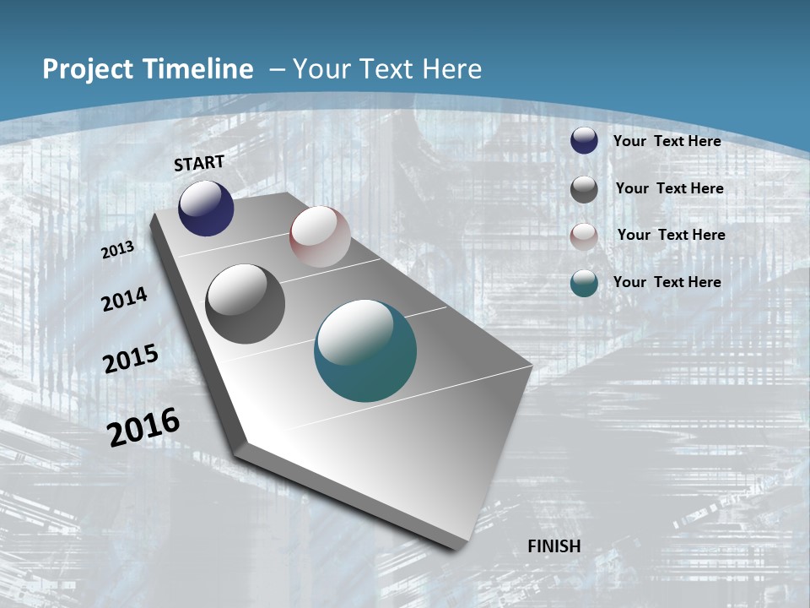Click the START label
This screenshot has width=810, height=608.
[199, 163]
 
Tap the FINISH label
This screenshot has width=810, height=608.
[554, 546]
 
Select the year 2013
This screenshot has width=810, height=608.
[118, 250]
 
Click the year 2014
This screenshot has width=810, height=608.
[125, 299]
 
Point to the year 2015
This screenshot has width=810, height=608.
[131, 359]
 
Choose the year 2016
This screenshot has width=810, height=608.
[143, 427]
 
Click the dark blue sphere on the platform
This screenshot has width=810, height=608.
[206, 209]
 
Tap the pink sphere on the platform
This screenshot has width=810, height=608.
[320, 236]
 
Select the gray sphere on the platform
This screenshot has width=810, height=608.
[245, 304]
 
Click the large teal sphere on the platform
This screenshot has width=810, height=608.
[365, 350]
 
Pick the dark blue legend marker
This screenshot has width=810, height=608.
[584, 141]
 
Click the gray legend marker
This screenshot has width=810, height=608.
[584, 189]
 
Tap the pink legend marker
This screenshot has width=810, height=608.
[584, 236]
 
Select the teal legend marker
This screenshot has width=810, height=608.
[584, 283]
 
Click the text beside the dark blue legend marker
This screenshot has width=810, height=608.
[667, 141]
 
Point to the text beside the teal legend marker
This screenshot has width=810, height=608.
[667, 282]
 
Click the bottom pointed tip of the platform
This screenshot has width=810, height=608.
[456, 547]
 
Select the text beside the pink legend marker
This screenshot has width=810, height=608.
[671, 235]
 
